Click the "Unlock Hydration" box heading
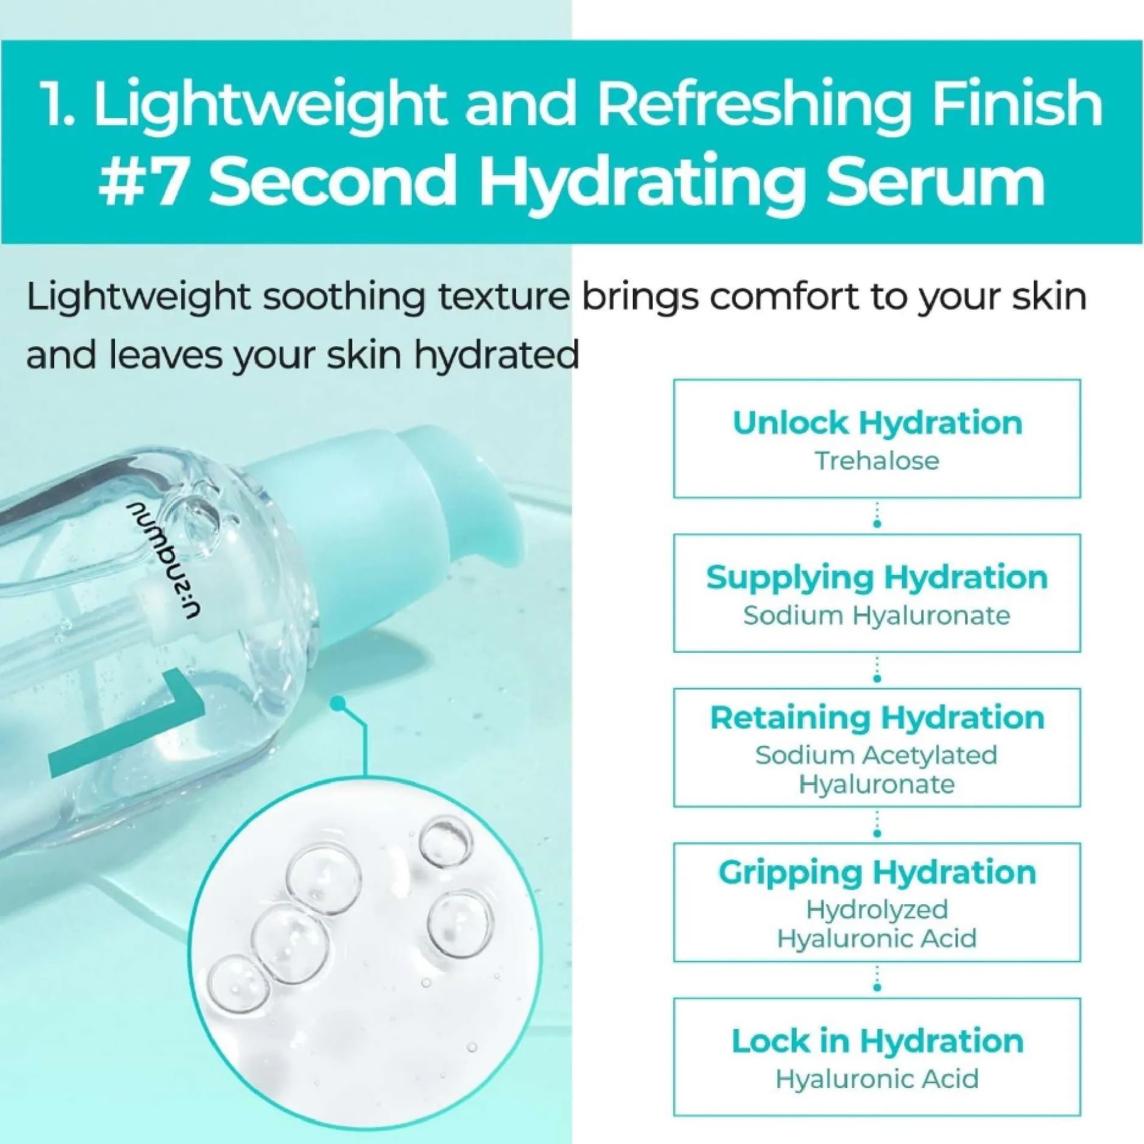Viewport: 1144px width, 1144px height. pyautogui.click(x=877, y=423)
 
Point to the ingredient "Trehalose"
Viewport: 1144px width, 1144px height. pyautogui.click(x=877, y=461)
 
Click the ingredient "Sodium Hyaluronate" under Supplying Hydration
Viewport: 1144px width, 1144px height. pyautogui.click(x=877, y=616)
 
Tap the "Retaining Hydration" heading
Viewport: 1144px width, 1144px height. pyautogui.click(x=877, y=719)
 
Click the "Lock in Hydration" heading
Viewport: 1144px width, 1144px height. pyautogui.click(x=877, y=1041)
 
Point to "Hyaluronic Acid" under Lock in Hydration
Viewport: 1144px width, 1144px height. pyautogui.click(x=877, y=1079)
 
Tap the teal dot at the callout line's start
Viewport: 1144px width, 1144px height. pyautogui.click(x=339, y=705)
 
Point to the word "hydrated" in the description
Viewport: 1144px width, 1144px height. pyautogui.click(x=496, y=355)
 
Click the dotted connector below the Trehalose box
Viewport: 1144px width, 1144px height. pyautogui.click(x=877, y=515)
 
